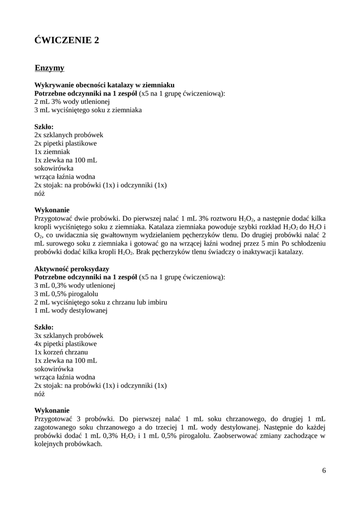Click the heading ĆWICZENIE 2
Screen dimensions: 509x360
click(67, 40)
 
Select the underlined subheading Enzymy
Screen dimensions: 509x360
click(49, 68)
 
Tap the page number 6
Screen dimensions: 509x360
click(324, 471)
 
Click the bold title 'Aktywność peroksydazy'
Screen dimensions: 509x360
click(72, 268)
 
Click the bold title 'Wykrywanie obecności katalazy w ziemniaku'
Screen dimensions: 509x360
click(104, 85)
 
